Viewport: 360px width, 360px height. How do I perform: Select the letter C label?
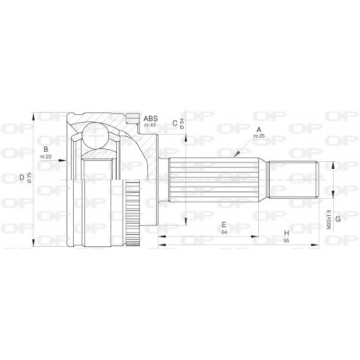(174, 123)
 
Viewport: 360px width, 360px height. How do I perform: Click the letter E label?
(225, 225)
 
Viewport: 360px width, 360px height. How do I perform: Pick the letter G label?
(339, 217)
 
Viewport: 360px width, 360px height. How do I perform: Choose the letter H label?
(284, 234)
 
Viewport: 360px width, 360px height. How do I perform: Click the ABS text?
(150, 116)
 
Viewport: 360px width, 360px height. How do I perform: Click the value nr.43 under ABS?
(150, 124)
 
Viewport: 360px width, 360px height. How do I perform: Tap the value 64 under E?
(225, 234)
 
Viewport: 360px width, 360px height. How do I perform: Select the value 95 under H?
(284, 242)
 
